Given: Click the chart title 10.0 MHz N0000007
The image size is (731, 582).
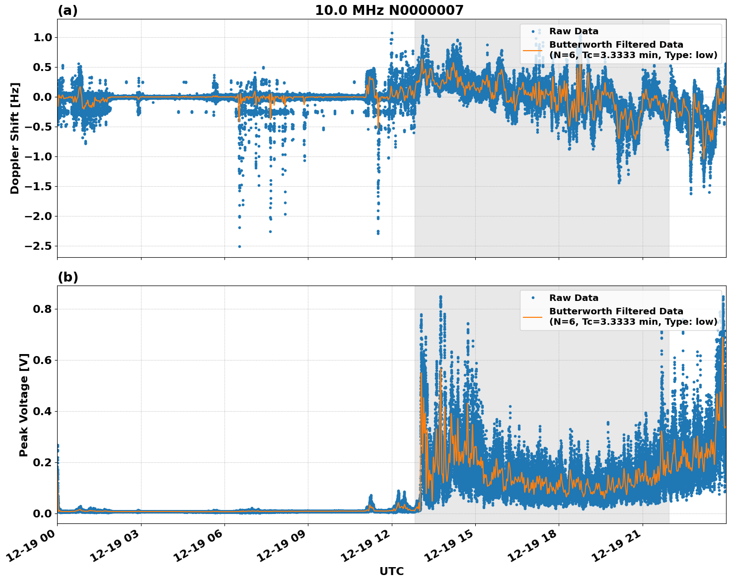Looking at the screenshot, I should [x=389, y=10].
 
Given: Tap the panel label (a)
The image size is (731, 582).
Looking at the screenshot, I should [x=68, y=10].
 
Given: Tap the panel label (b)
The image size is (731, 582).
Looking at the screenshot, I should [x=68, y=277].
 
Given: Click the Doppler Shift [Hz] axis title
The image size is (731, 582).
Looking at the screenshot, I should [x=15, y=138].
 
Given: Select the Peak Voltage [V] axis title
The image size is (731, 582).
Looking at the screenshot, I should [x=23, y=405].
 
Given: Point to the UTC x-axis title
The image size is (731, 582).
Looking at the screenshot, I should [x=391, y=571].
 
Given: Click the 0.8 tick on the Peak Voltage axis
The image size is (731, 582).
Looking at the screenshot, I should [x=43, y=309].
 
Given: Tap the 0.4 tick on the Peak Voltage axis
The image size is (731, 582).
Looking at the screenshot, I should [x=43, y=411].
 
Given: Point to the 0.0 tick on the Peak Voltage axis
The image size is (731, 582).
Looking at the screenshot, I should [x=43, y=513].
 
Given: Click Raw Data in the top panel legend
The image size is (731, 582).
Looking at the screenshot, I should [x=574, y=31].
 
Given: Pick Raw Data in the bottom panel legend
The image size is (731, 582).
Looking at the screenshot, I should [x=574, y=298].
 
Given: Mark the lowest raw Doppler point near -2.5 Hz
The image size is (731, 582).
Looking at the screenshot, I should [x=239, y=246].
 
